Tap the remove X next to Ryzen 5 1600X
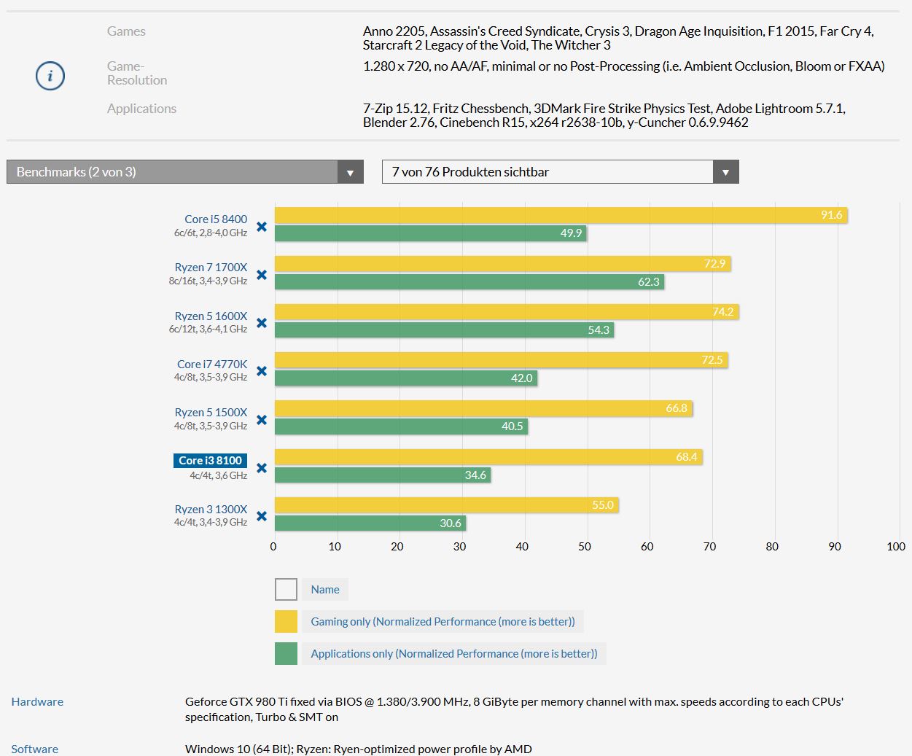262,323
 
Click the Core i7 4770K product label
212,364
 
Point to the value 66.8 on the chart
677,408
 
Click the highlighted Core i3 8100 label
210,461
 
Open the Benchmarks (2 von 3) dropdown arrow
350,172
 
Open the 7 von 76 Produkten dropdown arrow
725,172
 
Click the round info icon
50,76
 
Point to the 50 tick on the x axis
585,547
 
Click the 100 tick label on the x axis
896,547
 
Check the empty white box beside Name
286,589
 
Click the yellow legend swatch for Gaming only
286,621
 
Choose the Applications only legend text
453,654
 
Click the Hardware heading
37,702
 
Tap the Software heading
34,749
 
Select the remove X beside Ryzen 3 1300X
262,516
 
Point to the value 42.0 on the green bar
521,378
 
